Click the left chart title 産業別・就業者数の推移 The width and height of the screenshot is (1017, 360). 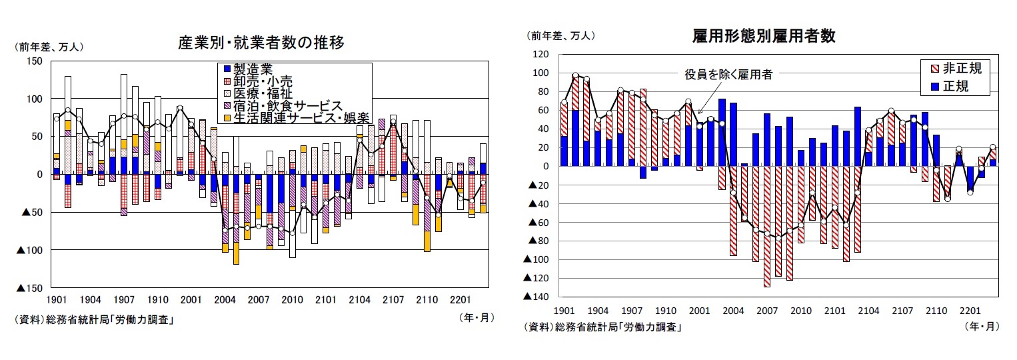point(261,43)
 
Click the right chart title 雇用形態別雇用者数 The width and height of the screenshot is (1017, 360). point(764,36)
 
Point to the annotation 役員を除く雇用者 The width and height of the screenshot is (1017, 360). point(728,75)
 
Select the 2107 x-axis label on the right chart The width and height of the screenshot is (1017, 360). point(902,311)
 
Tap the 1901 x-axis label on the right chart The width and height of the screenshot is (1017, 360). point(564,311)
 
